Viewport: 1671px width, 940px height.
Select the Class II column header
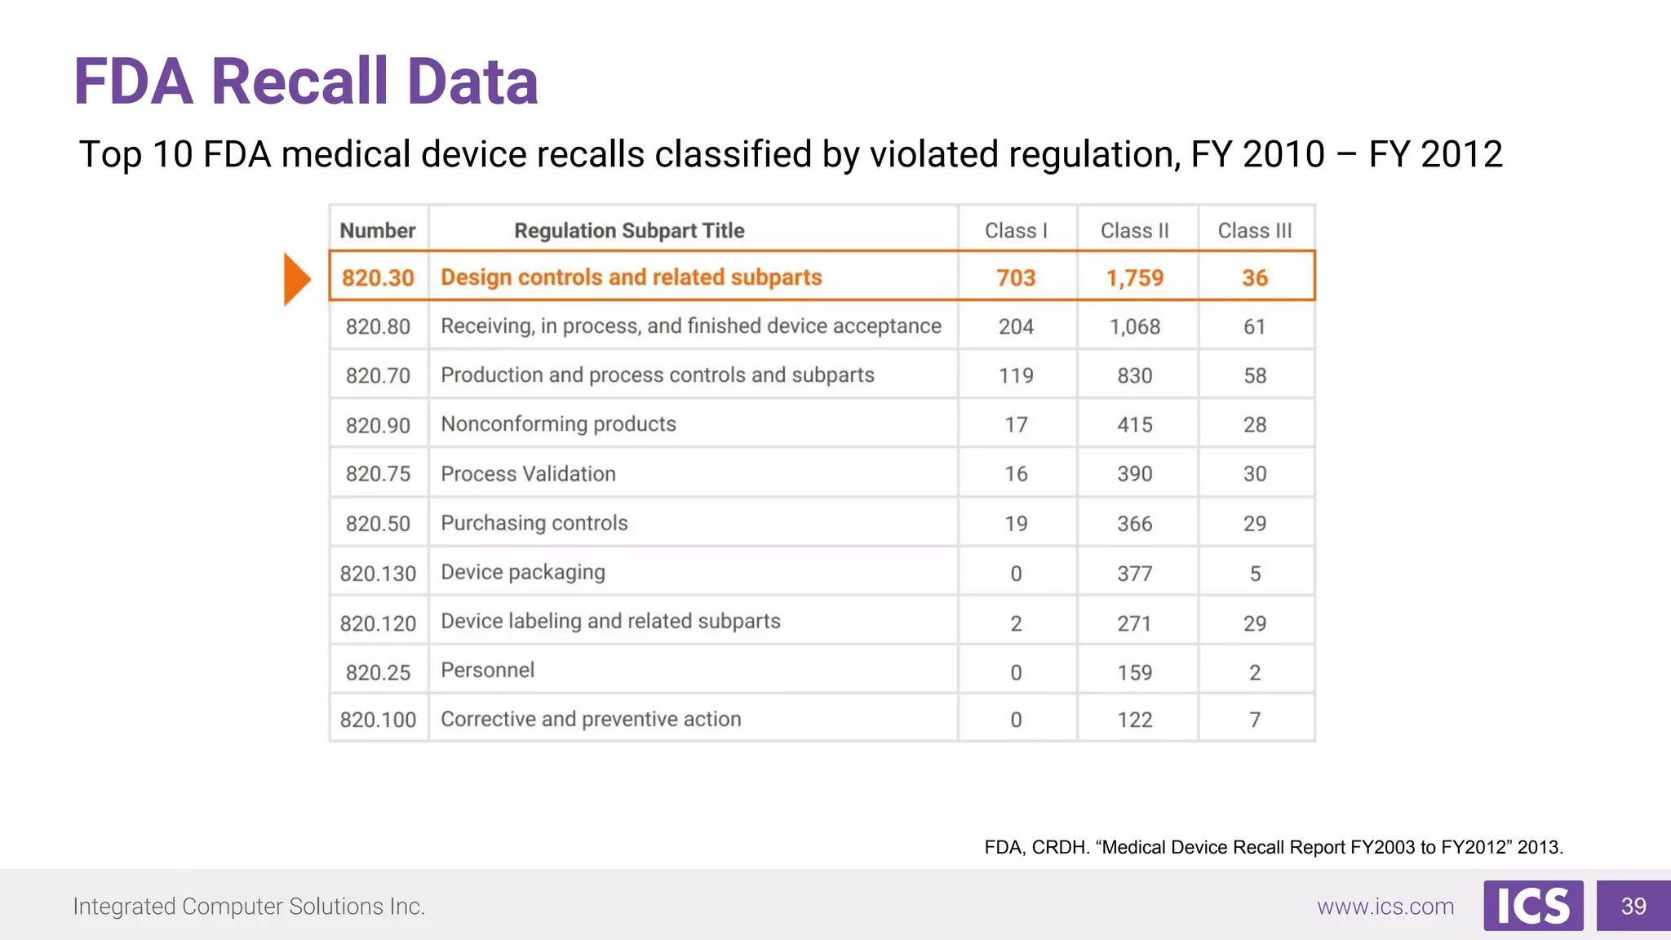click(1134, 231)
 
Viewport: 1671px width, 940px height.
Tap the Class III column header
click(1254, 231)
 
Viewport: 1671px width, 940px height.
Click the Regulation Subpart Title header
click(629, 231)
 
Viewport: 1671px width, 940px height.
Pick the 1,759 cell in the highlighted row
click(1134, 278)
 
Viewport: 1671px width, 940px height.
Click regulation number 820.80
click(378, 327)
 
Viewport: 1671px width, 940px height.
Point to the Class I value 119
click(1016, 376)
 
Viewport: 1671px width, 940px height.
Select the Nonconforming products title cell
click(558, 424)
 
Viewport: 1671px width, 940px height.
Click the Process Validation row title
click(528, 474)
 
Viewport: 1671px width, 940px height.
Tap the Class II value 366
click(1134, 524)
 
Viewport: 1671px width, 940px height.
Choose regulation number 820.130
click(378, 574)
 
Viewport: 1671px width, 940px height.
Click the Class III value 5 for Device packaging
click(1255, 574)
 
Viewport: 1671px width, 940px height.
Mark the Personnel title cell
click(487, 671)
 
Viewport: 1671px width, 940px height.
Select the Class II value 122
click(1134, 720)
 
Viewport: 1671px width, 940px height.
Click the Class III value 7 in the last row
click(1255, 720)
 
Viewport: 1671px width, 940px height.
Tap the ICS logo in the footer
click(1533, 906)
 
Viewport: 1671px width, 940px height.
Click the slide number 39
click(1633, 906)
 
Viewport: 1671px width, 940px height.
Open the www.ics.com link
click(1385, 907)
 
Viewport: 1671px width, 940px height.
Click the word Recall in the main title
click(299, 82)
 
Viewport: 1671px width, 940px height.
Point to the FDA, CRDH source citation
click(1273, 847)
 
